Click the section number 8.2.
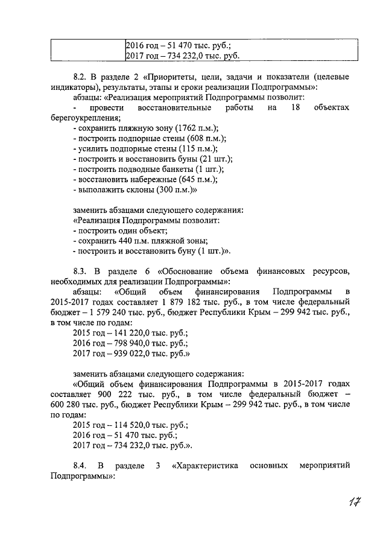coord(80,78)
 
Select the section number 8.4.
coord(80,466)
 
